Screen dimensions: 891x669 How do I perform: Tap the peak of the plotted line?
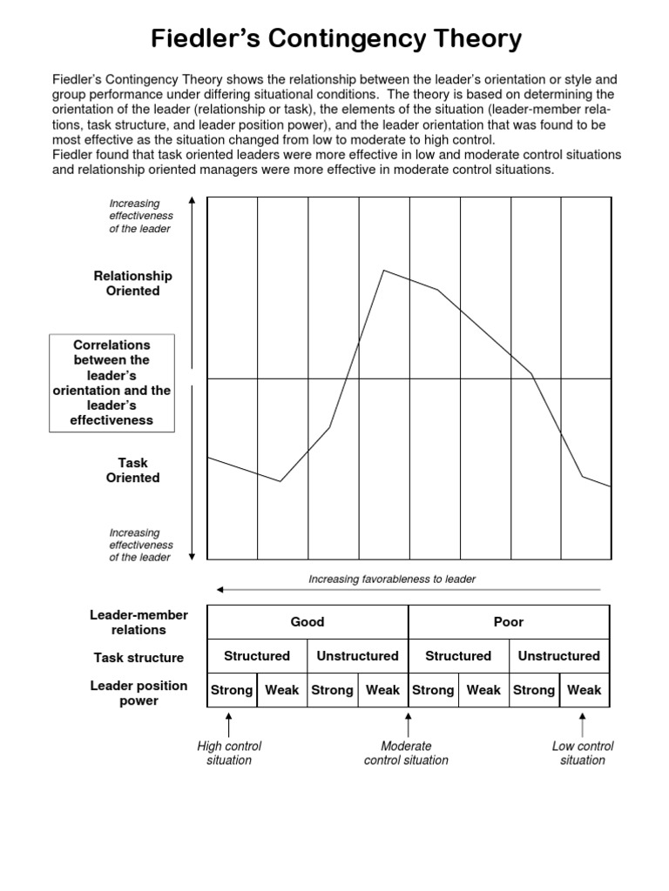tap(384, 271)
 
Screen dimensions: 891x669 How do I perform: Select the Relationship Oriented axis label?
tap(133, 284)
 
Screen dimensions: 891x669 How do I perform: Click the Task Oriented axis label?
tap(133, 470)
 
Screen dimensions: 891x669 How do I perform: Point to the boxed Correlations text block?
tap(112, 383)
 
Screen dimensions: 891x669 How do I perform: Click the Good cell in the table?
tap(307, 621)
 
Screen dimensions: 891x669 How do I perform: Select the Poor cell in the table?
tap(509, 621)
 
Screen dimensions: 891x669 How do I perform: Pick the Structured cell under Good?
tap(257, 656)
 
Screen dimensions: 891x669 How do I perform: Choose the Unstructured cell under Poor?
tap(559, 656)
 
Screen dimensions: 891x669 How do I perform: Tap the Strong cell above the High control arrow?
tap(232, 690)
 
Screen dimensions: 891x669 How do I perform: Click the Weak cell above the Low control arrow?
tap(584, 690)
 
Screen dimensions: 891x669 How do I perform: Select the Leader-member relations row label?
tap(127, 622)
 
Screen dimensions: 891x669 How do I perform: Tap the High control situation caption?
tap(229, 753)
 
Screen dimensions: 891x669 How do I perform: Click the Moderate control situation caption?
tap(406, 753)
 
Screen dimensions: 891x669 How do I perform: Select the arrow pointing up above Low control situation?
tap(583, 724)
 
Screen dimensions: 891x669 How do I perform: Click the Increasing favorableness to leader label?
tap(392, 579)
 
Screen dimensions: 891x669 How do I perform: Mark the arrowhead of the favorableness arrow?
tap(221, 590)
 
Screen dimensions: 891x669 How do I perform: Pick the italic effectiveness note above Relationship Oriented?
tap(140, 216)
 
